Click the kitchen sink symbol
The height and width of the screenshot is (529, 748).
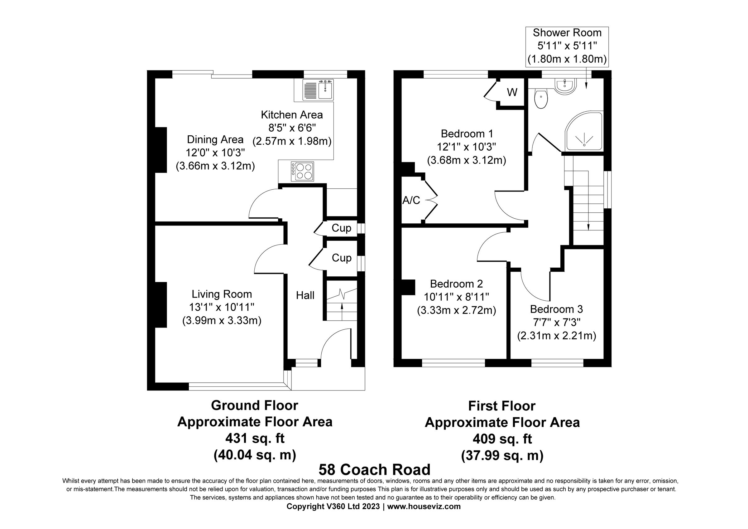pyautogui.click(x=318, y=90)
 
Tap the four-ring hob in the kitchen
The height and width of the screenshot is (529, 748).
pyautogui.click(x=303, y=172)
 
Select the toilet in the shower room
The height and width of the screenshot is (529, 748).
pyautogui.click(x=541, y=99)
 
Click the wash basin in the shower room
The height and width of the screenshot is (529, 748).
pyautogui.click(x=565, y=86)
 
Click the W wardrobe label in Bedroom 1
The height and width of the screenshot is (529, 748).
pyautogui.click(x=512, y=93)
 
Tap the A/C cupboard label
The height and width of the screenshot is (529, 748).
pyautogui.click(x=411, y=201)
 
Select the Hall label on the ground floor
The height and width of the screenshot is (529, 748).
pyautogui.click(x=305, y=295)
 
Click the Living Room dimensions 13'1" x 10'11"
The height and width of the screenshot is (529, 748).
pyautogui.click(x=222, y=307)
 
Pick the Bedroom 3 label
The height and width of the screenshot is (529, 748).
pyautogui.click(x=556, y=309)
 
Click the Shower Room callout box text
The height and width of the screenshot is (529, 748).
pyautogui.click(x=567, y=46)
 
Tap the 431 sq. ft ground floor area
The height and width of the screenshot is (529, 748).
pyautogui.click(x=254, y=438)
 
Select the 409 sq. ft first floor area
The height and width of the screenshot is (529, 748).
pyautogui.click(x=502, y=439)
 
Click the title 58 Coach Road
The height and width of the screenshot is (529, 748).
pyautogui.click(x=374, y=470)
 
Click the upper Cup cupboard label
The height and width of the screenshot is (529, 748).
pyautogui.click(x=341, y=228)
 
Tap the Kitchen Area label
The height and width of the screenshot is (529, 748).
pyautogui.click(x=292, y=115)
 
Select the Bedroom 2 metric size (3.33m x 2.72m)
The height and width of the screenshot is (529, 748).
pyautogui.click(x=456, y=310)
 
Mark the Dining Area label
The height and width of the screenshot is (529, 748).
pyautogui.click(x=215, y=139)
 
